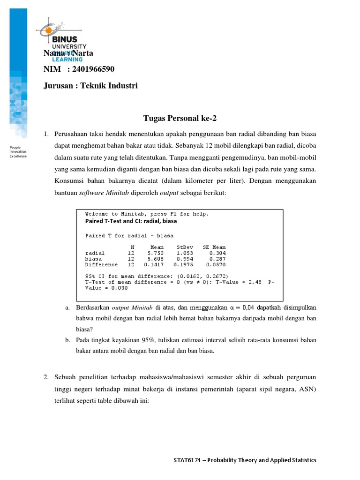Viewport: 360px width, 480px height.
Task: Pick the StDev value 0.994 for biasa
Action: tap(184, 258)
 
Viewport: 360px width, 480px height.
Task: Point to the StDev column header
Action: tap(185, 247)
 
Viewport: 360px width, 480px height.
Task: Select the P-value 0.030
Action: tap(113, 288)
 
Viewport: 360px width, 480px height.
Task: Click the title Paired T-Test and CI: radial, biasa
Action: tap(131, 221)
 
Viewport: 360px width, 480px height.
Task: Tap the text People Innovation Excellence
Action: tap(18, 152)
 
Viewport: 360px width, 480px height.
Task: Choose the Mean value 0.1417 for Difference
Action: tap(157, 264)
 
